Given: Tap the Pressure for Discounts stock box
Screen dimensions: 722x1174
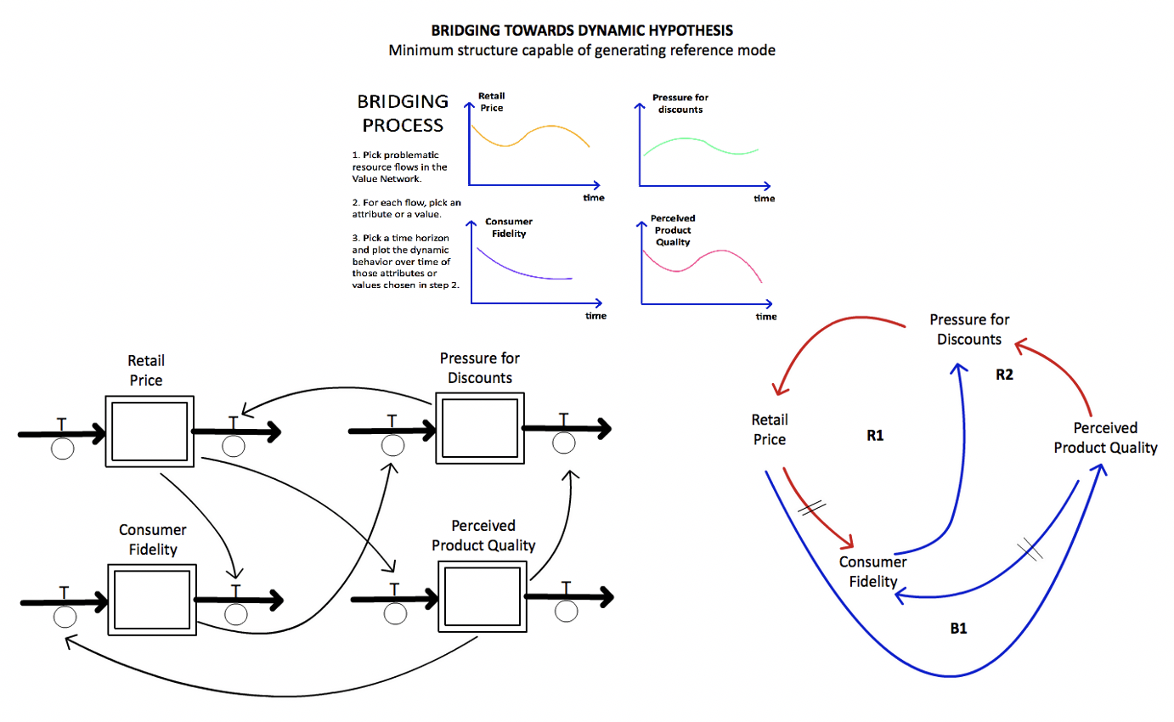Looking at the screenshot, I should [x=478, y=426].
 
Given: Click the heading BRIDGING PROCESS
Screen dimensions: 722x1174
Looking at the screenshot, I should [x=403, y=113].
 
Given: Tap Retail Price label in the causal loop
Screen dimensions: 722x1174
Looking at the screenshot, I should [x=768, y=429].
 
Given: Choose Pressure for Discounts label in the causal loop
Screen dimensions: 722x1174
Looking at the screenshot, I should [x=969, y=330].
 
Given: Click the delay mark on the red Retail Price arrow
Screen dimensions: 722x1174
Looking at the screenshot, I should [x=812, y=506].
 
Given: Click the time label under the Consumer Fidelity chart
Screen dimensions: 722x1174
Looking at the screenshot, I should [x=595, y=316].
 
